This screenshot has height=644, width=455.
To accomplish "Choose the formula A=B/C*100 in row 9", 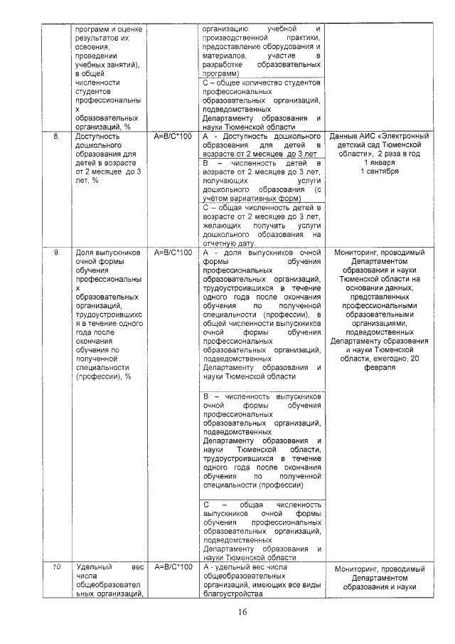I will pos(173,252).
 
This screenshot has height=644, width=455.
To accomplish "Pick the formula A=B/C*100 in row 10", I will pos(173,566).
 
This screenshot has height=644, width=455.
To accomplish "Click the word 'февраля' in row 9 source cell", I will pos(380,368).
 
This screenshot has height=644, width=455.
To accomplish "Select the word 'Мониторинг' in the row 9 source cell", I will pos(353,253).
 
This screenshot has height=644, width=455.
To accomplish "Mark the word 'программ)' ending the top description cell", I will pos(221,73).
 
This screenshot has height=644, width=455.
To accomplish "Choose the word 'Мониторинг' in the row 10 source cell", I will pos(355,570).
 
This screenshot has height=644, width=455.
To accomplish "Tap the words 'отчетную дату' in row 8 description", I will pos(228,243).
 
